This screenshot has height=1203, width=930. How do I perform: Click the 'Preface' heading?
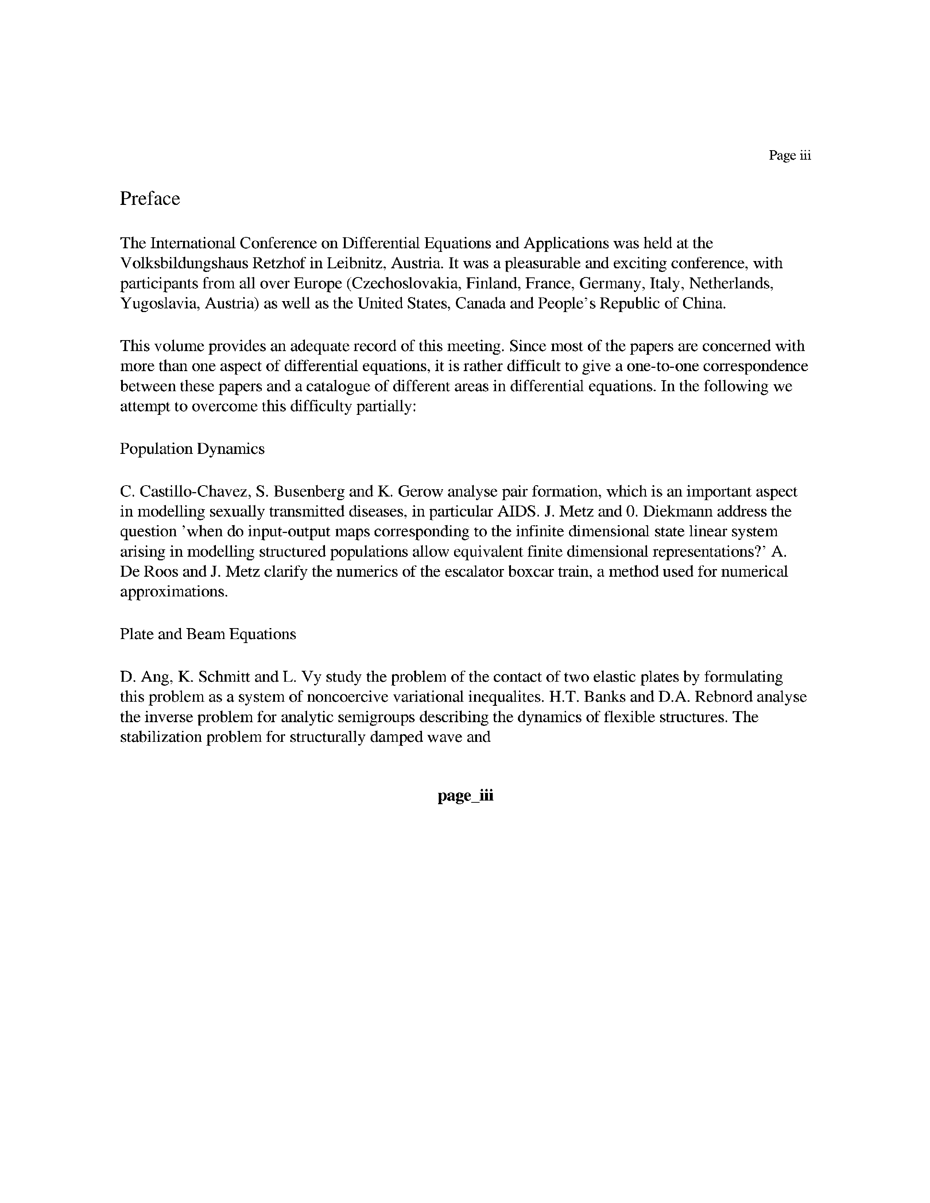click(150, 199)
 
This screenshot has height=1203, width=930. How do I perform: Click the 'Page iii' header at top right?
click(790, 156)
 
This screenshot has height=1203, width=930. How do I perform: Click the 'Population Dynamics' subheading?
click(192, 449)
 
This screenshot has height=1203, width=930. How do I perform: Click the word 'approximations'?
click(173, 592)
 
